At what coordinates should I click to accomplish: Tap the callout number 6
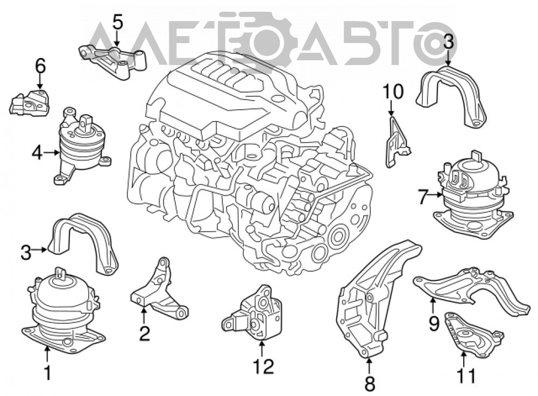(40, 66)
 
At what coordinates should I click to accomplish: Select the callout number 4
(37, 152)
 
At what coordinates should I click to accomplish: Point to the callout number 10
(393, 91)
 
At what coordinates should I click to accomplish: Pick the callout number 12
(264, 366)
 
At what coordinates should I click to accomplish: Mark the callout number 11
(466, 376)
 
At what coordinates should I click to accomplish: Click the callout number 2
(144, 333)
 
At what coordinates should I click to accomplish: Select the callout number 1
(48, 372)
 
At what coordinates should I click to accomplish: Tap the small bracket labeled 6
(30, 102)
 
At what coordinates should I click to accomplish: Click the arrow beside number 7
(436, 196)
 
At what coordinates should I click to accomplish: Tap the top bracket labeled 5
(113, 60)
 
